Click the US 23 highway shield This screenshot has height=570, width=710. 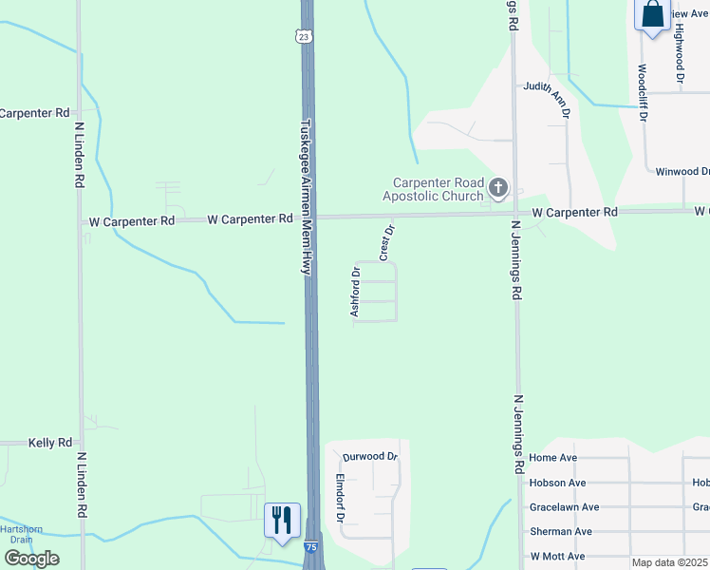tap(303, 36)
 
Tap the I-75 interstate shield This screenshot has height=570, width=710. tap(311, 548)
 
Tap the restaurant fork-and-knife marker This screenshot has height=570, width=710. tap(282, 521)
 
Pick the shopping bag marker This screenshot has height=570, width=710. tap(653, 14)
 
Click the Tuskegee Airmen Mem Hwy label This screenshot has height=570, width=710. tap(306, 197)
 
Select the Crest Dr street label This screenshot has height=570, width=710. tap(386, 242)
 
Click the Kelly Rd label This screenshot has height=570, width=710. tap(50, 443)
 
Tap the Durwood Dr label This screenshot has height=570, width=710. tap(371, 457)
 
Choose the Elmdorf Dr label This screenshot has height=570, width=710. tap(339, 499)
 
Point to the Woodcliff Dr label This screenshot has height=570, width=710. tap(643, 93)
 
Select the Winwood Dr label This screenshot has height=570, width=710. tap(682, 172)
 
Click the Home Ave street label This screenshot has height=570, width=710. tap(554, 458)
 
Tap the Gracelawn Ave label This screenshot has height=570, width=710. tap(565, 507)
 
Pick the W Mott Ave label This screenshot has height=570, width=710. tap(557, 557)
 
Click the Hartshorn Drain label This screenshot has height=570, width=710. tap(16, 534)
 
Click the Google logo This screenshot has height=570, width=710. tap(31, 559)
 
